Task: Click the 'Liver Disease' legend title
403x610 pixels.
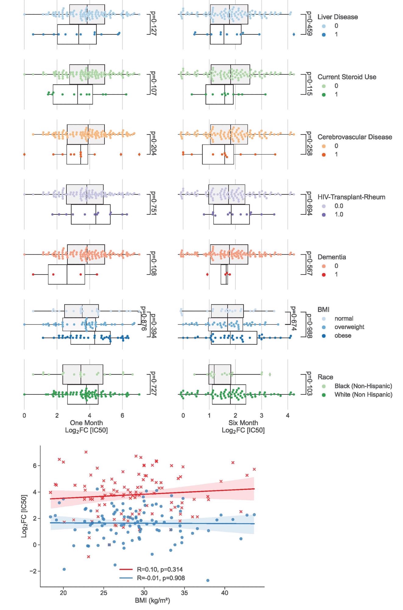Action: pyautogui.click(x=338, y=17)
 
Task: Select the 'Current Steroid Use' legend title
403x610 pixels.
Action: pyautogui.click(x=347, y=77)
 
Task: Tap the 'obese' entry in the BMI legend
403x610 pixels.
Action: pyautogui.click(x=343, y=336)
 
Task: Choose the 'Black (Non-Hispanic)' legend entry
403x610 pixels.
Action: pyautogui.click(x=363, y=386)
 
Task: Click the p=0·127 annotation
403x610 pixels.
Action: pyautogui.click(x=153, y=24)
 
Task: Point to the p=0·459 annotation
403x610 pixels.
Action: pyautogui.click(x=309, y=23)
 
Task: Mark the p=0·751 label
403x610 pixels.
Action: pyautogui.click(x=153, y=203)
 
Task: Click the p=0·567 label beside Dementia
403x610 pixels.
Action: pyautogui.click(x=309, y=264)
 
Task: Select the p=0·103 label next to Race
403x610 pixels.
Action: pyautogui.click(x=309, y=384)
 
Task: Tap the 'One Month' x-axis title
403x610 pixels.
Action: pyautogui.click(x=87, y=423)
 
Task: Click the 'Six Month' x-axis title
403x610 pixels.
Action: pyautogui.click(x=243, y=423)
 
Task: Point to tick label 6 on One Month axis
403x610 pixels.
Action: pyautogui.click(x=122, y=415)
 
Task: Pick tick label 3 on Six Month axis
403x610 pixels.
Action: pyautogui.click(x=261, y=415)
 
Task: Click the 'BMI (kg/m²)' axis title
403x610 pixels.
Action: pyautogui.click(x=152, y=601)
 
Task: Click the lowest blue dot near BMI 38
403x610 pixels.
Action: pyautogui.click(x=208, y=580)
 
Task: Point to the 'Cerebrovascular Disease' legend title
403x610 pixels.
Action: pyautogui.click(x=355, y=137)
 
